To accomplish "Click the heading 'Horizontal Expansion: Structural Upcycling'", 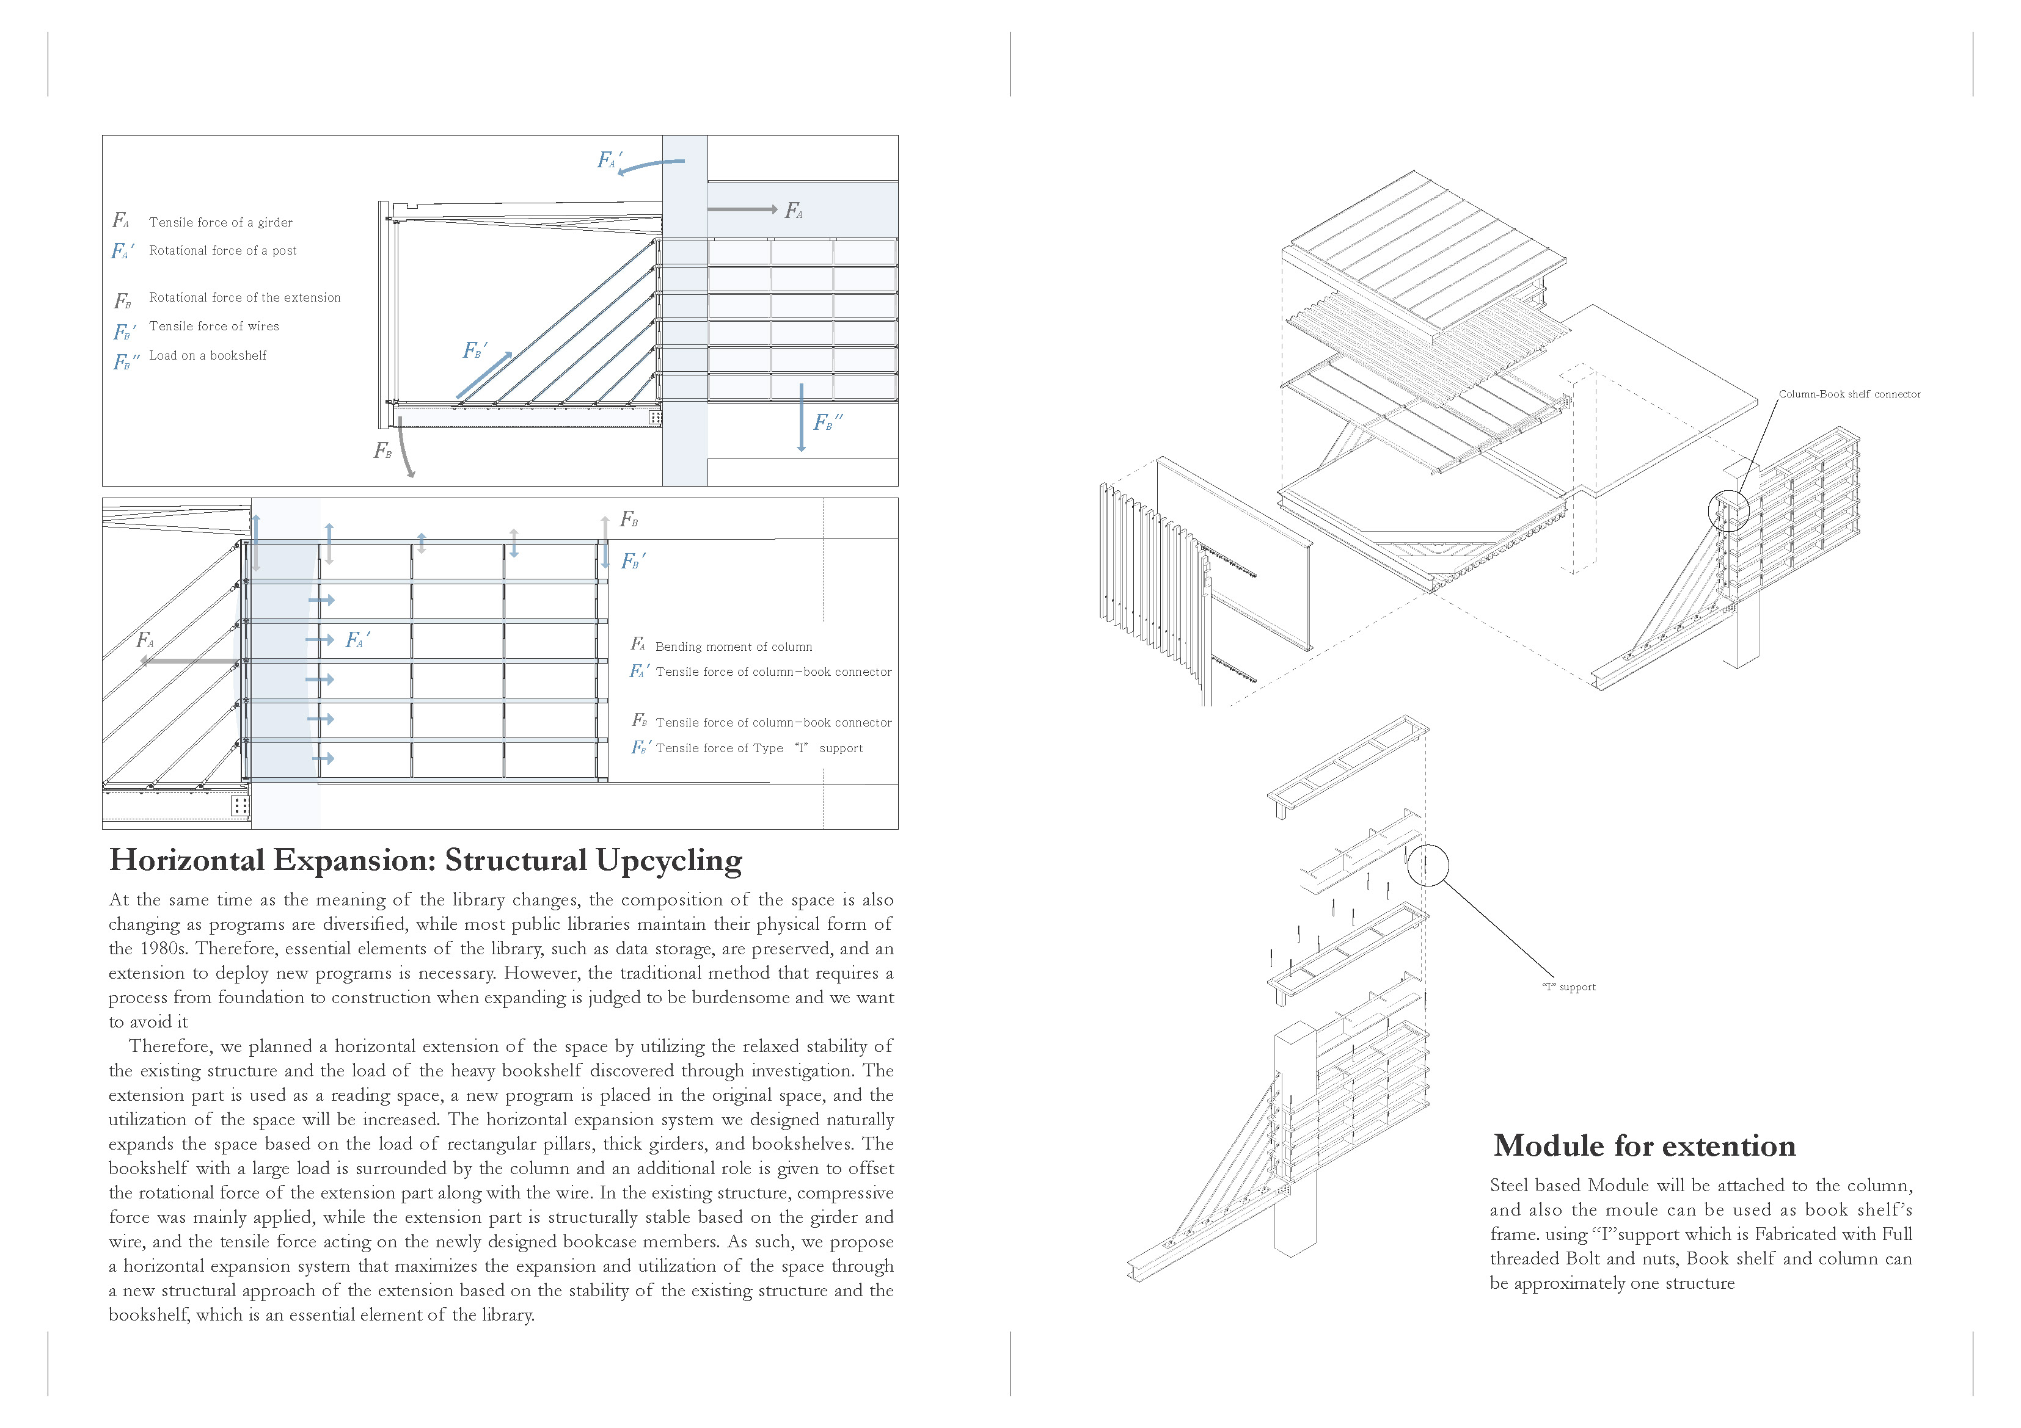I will point(425,860).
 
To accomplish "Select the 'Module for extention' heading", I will point(1643,1145).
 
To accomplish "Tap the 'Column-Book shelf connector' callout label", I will point(1849,394).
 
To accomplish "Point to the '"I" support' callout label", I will point(1568,987).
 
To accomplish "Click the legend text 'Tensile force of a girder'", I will point(220,223).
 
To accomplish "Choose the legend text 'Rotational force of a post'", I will point(223,251).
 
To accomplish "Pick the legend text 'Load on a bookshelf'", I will point(208,355).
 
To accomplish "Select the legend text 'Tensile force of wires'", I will point(214,327).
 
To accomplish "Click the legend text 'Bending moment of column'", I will point(733,647).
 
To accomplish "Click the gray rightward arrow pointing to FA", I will point(742,209).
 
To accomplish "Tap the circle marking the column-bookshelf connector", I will point(1727,510).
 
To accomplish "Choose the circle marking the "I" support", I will point(1427,865).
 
